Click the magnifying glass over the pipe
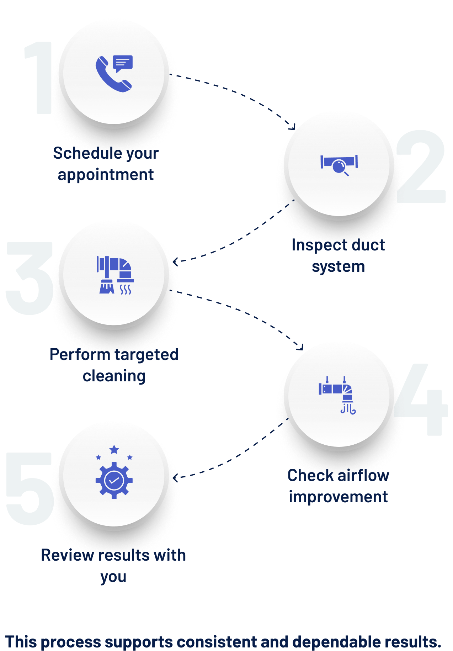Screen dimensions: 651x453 pos(340,166)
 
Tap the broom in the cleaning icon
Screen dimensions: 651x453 pos(107,287)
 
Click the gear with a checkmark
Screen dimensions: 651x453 pos(114,480)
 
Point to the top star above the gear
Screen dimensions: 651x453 pos(114,449)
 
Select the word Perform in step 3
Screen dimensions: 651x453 pos(80,355)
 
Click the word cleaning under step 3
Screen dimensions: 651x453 pos(114,376)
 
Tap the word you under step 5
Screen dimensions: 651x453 pos(113,577)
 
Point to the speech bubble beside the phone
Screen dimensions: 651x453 pos(123,63)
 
